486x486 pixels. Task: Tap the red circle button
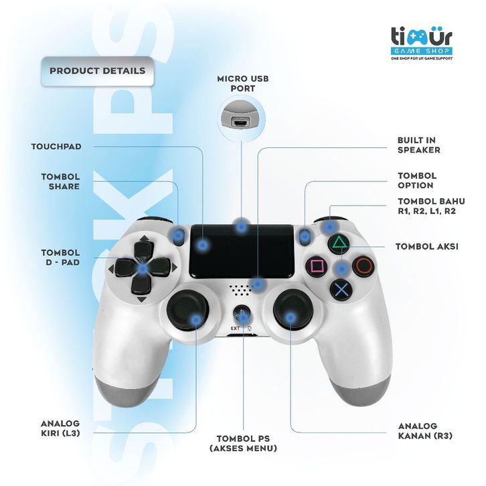click(364, 266)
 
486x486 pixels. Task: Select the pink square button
click(317, 266)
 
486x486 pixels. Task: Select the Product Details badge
click(97, 70)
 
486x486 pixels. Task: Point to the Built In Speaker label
click(418, 145)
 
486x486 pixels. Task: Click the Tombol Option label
click(417, 180)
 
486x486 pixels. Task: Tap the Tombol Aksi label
click(426, 246)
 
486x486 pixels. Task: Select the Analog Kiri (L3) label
click(60, 428)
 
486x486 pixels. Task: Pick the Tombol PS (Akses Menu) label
click(242, 443)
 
